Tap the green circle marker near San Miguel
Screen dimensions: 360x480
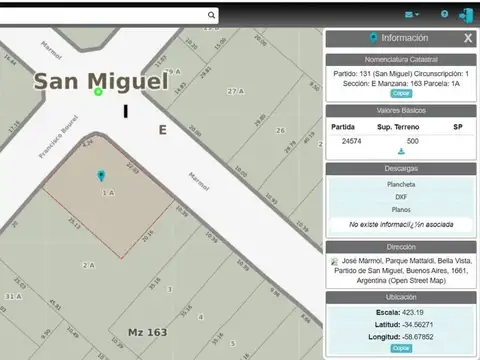[x=99, y=92]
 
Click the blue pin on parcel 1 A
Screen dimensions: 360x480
[x=101, y=177]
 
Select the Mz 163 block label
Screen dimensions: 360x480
[x=147, y=331]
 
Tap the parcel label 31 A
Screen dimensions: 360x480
[x=13, y=297]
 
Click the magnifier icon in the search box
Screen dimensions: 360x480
[x=212, y=15]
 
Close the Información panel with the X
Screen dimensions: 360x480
[x=468, y=38]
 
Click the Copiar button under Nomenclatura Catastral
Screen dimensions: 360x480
[x=401, y=93]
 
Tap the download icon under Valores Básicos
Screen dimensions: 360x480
[x=401, y=152]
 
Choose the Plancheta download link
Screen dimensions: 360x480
[x=401, y=185]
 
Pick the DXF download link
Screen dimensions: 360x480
[x=401, y=197]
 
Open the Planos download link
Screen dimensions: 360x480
[x=401, y=210]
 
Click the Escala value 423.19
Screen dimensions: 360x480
[x=421, y=312]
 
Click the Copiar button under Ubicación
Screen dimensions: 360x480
[x=401, y=348]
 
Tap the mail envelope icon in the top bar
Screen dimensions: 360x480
[x=411, y=15]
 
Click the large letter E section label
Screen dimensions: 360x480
[x=162, y=130]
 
